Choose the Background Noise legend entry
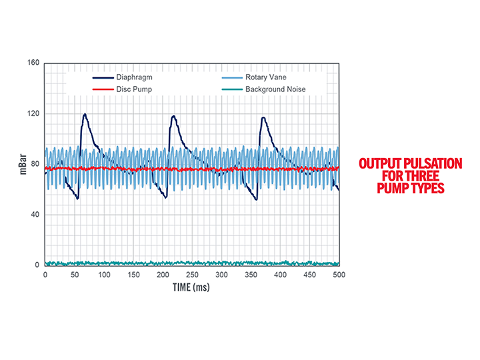[x=275, y=89]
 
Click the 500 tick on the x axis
[x=338, y=274]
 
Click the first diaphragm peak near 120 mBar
[x=85, y=115]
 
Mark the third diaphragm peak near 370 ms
[x=263, y=118]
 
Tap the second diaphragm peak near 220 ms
[x=174, y=117]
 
